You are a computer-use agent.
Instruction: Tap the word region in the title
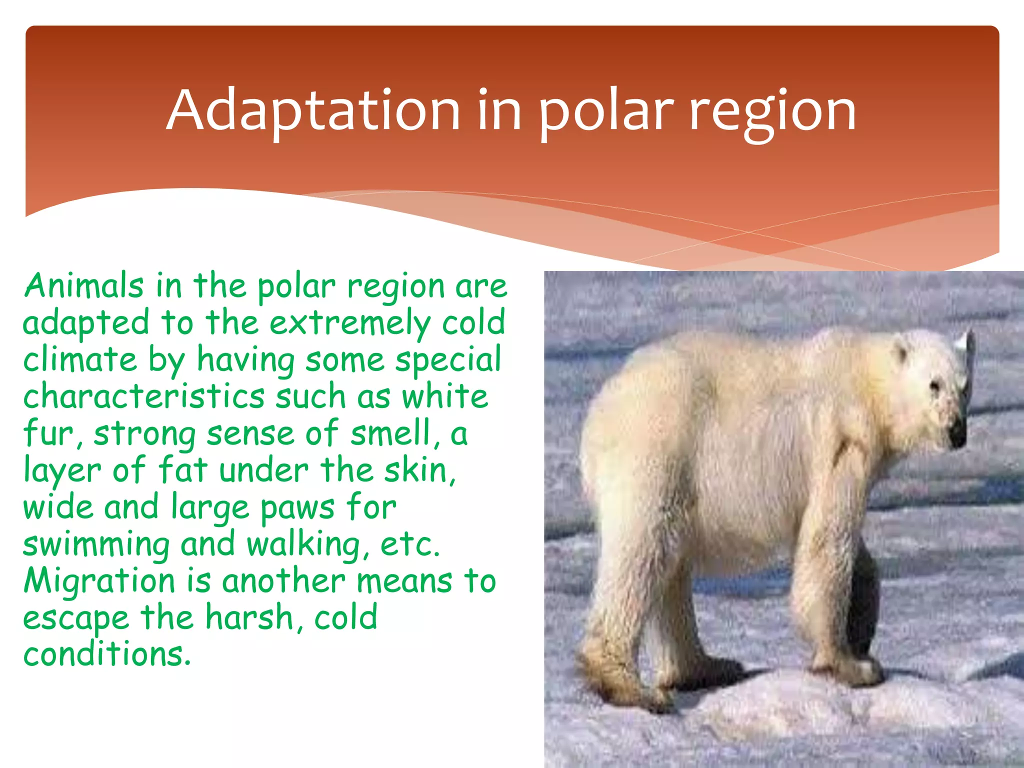click(x=772, y=112)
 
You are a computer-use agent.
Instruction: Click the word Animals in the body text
click(x=83, y=286)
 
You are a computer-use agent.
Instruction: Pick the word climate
click(x=80, y=360)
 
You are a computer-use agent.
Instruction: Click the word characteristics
click(x=143, y=396)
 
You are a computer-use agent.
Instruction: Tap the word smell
click(x=390, y=433)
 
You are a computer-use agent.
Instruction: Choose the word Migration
click(x=99, y=581)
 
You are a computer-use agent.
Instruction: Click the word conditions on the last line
click(x=106, y=654)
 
